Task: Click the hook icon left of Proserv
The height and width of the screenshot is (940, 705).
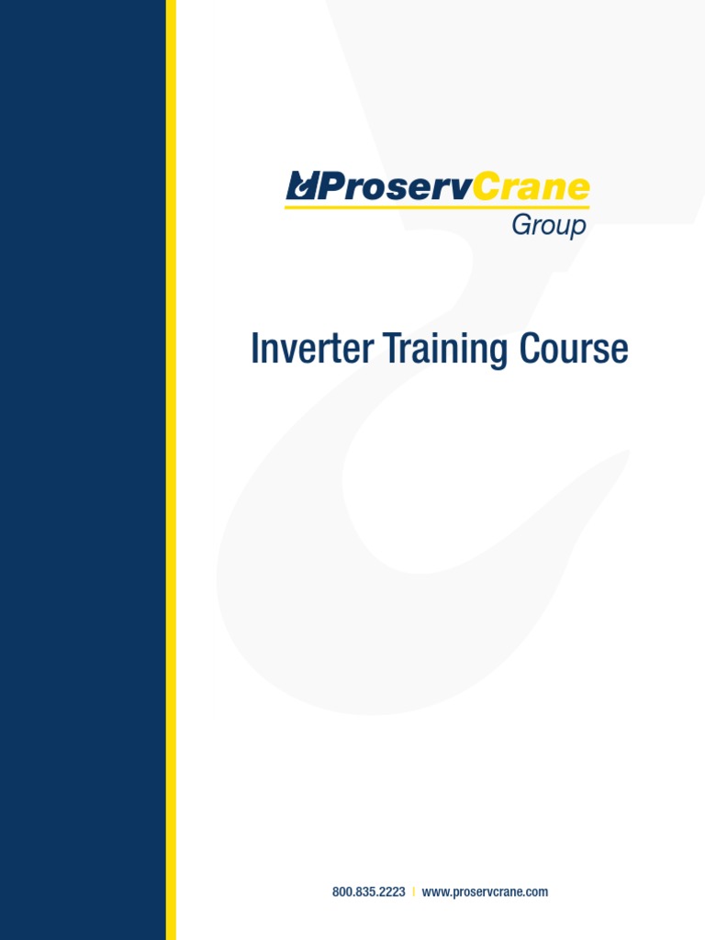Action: pyautogui.click(x=301, y=187)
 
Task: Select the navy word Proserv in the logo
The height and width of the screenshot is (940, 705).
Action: pyautogui.click(x=395, y=187)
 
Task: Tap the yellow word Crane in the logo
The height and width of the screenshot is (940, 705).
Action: pyautogui.click(x=532, y=187)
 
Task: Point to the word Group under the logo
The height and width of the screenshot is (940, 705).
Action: pyautogui.click(x=549, y=225)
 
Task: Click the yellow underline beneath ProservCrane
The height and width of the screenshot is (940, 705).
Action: pyautogui.click(x=436, y=207)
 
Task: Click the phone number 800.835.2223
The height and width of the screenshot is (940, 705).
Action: pyautogui.click(x=368, y=891)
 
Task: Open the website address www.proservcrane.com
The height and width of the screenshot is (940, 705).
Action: pyautogui.click(x=485, y=891)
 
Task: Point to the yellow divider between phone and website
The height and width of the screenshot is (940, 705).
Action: pyautogui.click(x=413, y=891)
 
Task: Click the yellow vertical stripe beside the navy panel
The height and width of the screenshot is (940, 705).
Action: pyautogui.click(x=171, y=470)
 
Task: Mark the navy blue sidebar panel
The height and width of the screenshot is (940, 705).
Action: pyautogui.click(x=83, y=470)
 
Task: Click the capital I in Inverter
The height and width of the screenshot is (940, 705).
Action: pyautogui.click(x=254, y=350)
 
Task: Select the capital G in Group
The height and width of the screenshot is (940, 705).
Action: pyautogui.click(x=520, y=225)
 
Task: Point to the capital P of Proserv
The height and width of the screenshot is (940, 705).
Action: pyautogui.click(x=330, y=187)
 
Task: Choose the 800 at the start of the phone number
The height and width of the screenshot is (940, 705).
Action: pyautogui.click(x=341, y=891)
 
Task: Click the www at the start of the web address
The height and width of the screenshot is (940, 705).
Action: pyautogui.click(x=433, y=891)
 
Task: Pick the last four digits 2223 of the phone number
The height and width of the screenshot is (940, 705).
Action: pyautogui.click(x=393, y=891)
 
